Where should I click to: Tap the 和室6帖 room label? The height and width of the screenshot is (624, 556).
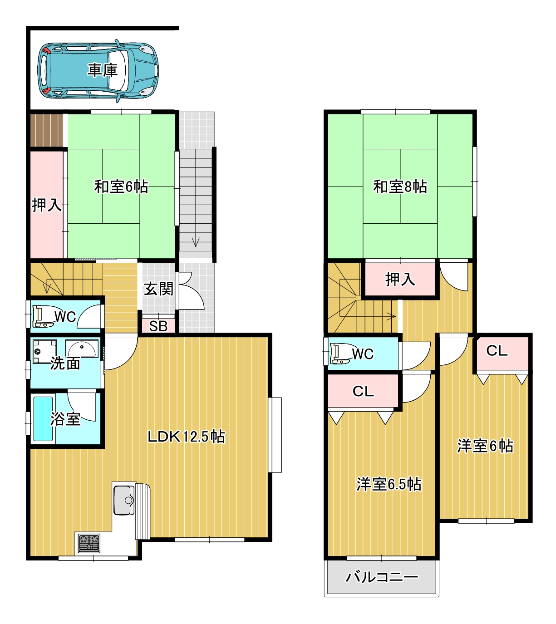tap(121, 186)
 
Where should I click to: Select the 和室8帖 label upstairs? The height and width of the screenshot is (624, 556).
tap(400, 186)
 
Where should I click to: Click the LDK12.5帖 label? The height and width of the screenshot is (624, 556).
tap(186, 437)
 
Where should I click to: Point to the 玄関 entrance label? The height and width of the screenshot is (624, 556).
tap(158, 289)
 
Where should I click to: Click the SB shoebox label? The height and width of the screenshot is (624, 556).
tap(158, 326)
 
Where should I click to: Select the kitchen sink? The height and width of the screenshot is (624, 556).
tap(124, 500)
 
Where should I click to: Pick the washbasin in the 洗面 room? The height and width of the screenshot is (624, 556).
tap(82, 349)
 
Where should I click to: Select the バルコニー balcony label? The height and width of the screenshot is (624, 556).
tap(382, 577)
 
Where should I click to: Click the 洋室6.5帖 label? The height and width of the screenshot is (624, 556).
tap(389, 484)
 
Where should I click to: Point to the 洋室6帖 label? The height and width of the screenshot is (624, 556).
tap(485, 446)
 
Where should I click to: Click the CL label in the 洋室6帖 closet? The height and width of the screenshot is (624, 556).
tap(497, 351)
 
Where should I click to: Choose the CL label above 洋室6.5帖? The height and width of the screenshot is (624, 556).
tap(363, 391)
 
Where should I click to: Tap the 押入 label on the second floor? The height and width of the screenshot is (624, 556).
tap(400, 280)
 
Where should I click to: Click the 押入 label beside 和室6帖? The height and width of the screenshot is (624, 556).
tap(47, 205)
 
